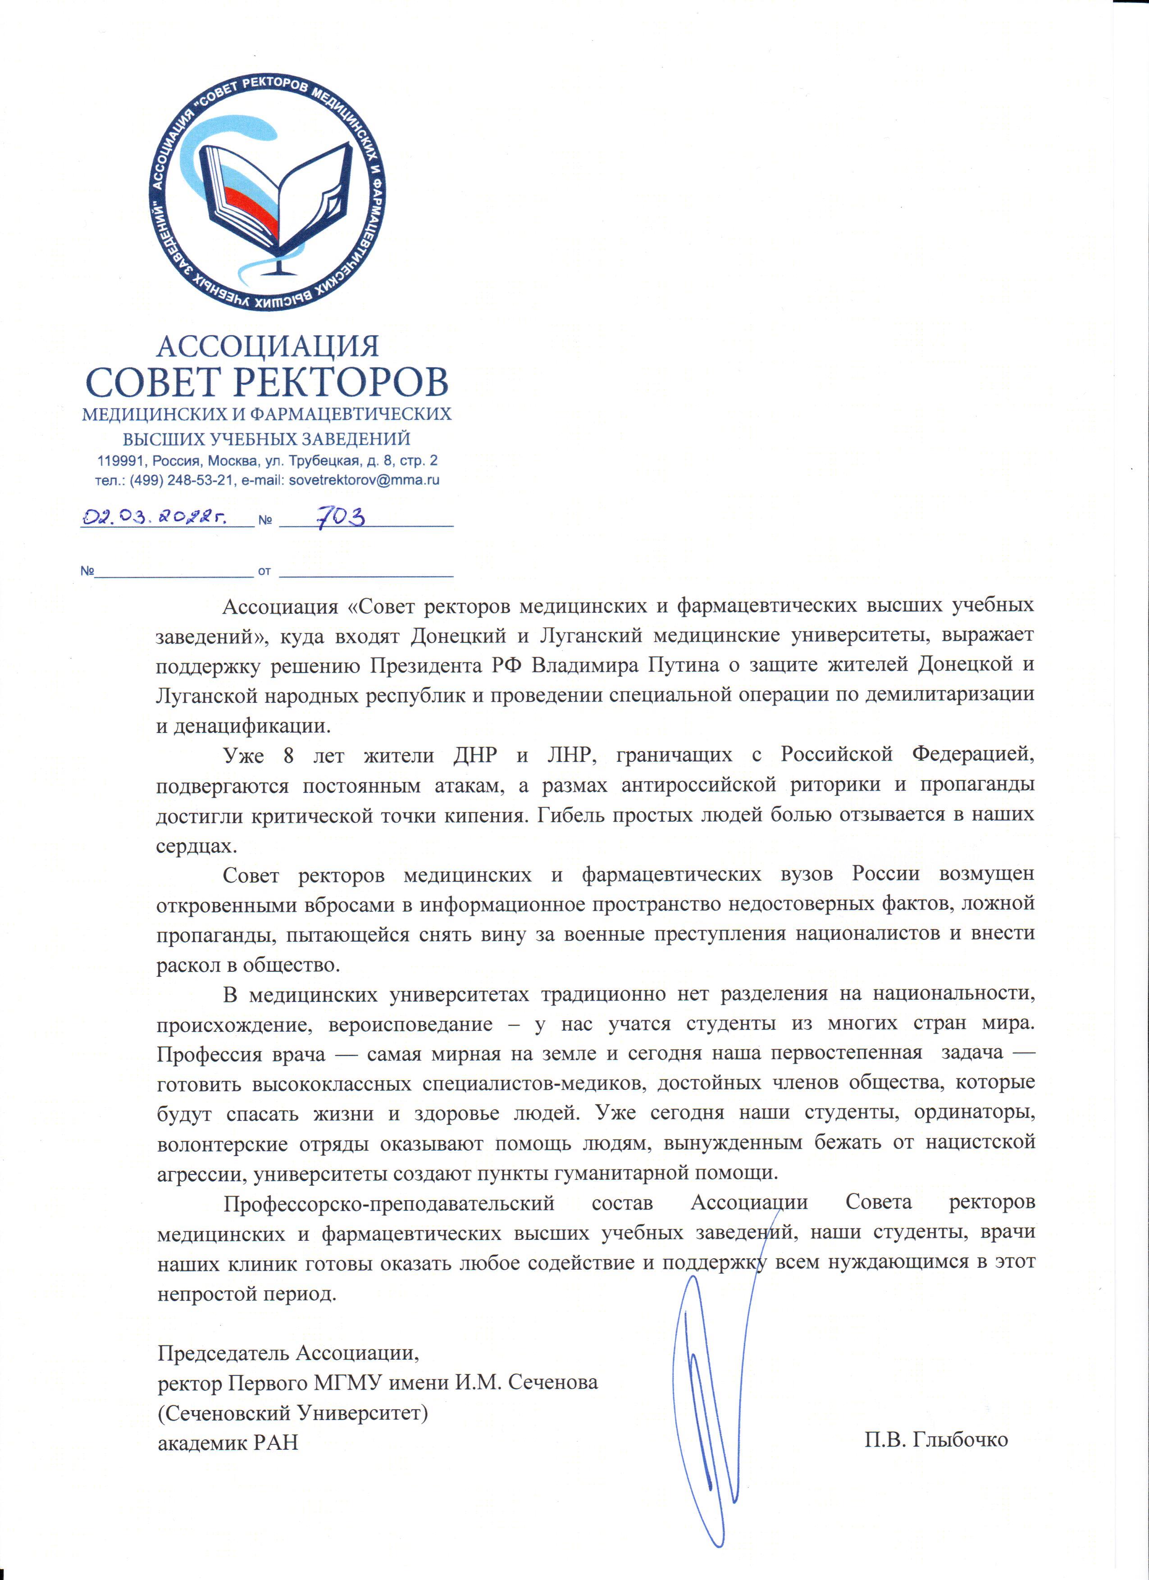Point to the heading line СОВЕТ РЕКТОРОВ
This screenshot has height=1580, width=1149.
coord(267,382)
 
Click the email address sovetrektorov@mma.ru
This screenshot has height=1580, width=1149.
coord(364,480)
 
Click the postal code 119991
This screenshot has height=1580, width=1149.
coord(121,460)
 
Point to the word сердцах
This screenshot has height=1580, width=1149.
coord(196,845)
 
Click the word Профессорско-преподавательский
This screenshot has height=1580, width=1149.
coord(389,1202)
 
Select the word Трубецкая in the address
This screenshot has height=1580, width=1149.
coord(322,460)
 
